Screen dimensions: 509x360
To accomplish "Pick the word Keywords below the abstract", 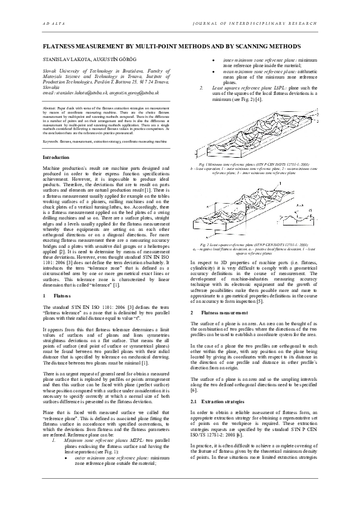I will [x=51, y=140].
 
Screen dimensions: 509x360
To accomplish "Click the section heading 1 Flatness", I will [x=54, y=297].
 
